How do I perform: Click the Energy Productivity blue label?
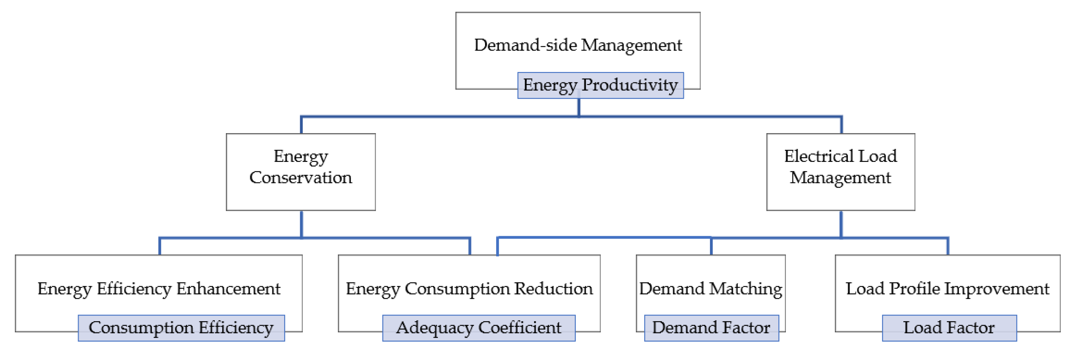[600, 85]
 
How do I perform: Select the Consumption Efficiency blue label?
[181, 328]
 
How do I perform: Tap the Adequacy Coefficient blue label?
[479, 328]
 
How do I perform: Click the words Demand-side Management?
[578, 45]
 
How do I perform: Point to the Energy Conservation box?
[300, 172]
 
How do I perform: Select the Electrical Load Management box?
[840, 172]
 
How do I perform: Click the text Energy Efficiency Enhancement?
[159, 289]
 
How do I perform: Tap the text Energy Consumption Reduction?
[469, 289]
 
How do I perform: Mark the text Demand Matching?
[711, 289]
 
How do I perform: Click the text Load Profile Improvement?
[947, 289]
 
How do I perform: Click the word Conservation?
[300, 178]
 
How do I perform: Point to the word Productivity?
[630, 85]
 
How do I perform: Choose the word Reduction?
[553, 289]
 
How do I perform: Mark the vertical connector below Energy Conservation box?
[301, 224]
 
